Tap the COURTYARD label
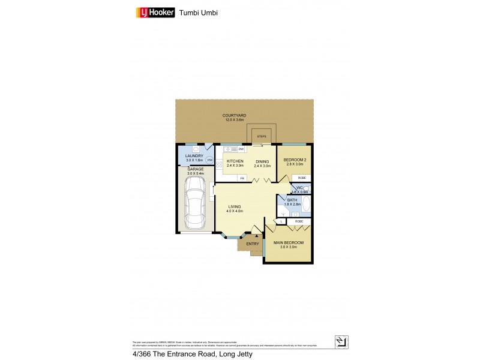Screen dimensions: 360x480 (234, 115)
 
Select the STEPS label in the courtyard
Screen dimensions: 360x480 (262, 136)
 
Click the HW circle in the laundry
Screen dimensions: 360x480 (210, 160)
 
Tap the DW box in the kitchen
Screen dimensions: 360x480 (241, 149)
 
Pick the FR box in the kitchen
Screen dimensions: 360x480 (242, 178)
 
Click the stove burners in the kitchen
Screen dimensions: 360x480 (220, 164)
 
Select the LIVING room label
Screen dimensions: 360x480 (234, 207)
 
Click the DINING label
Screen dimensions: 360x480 (262, 161)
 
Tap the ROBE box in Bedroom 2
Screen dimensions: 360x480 (302, 178)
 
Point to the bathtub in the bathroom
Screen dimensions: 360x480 (306, 204)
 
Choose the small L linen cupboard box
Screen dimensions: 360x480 (281, 221)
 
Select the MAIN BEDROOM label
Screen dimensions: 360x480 (289, 242)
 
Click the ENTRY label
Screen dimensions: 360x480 (253, 244)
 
